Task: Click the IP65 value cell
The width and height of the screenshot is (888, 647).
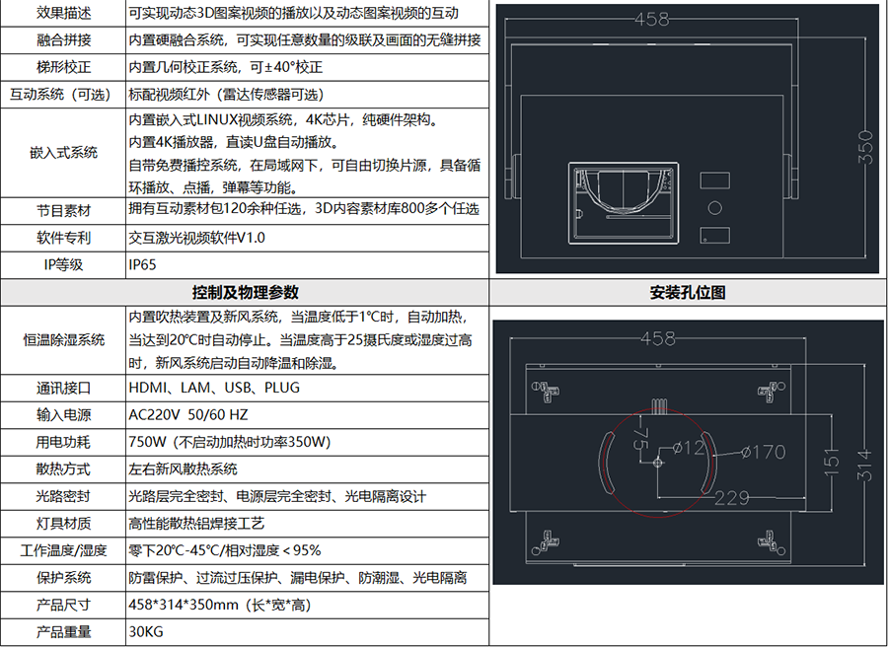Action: [142, 265]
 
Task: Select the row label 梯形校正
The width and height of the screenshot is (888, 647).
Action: [63, 67]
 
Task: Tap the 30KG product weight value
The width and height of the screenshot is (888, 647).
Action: [146, 632]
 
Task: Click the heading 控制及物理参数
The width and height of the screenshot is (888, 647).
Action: [246, 292]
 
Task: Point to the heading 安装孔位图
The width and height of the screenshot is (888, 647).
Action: [688, 292]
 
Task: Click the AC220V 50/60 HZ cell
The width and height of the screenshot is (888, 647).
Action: [188, 415]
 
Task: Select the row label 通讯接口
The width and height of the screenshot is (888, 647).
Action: [63, 388]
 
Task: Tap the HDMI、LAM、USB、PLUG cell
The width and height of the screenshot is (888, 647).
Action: [214, 388]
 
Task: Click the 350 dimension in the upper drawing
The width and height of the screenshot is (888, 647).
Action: [864, 147]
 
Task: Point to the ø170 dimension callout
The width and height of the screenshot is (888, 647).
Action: [764, 452]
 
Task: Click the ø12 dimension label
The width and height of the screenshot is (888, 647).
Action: [689, 448]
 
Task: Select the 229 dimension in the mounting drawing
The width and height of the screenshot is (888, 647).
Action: [732, 497]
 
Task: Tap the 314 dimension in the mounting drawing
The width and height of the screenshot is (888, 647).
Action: [863, 465]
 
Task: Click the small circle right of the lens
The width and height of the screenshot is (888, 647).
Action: [715, 208]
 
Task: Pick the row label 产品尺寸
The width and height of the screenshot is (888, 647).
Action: [63, 606]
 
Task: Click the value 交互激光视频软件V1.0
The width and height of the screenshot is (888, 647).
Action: [196, 238]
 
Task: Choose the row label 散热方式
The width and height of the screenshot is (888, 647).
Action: [63, 469]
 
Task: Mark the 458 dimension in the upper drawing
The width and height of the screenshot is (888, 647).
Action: [651, 20]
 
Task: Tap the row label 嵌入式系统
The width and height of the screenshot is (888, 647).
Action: [63, 152]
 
